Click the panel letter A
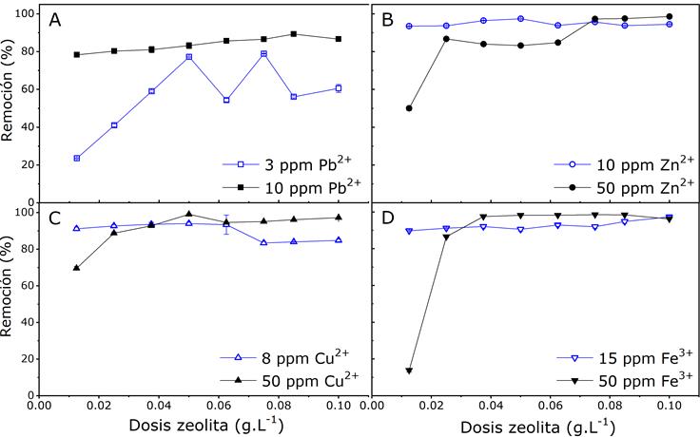tap(55, 20)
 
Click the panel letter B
tap(388, 20)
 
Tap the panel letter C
tap(55, 216)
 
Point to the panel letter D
tap(388, 216)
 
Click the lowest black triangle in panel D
tap(409, 370)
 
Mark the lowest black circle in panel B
tap(409, 108)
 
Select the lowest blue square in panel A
tap(76, 158)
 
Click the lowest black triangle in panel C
tap(76, 268)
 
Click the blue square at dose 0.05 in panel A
tap(189, 57)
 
